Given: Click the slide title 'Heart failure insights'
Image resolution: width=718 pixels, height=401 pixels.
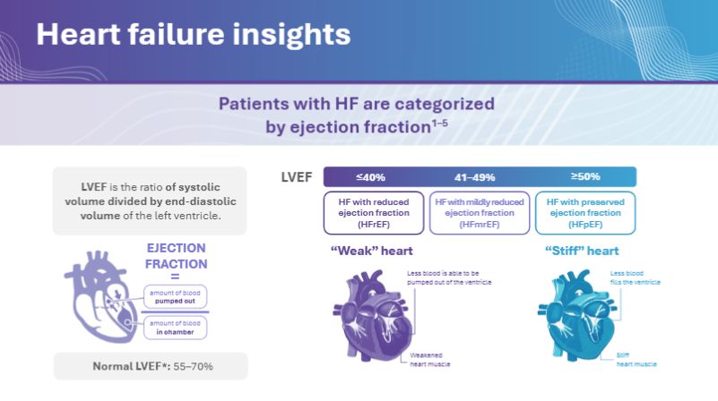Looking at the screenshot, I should coord(193,35).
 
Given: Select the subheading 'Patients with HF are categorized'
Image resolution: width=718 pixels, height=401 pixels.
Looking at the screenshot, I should coord(357,104).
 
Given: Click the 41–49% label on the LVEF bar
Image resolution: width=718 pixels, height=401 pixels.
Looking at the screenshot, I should coord(475,176).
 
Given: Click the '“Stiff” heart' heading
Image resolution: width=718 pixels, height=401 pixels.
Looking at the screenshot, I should coord(581,251).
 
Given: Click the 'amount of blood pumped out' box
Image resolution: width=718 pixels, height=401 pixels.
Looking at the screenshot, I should coord(177,297).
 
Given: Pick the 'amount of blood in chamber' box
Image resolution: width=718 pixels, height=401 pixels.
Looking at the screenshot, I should coord(177,328).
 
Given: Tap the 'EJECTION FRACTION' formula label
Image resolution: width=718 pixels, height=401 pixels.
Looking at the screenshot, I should coord(176,256).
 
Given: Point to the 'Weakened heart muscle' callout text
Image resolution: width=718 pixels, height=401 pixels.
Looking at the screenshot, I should coord(429,360).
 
